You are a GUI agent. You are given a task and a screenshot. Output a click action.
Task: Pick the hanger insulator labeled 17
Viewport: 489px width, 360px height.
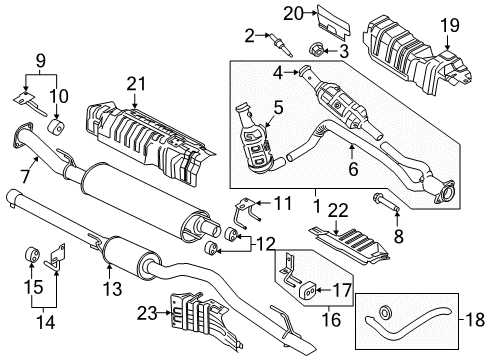point(309,291)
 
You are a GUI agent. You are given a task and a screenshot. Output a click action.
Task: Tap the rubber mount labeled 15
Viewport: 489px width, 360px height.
point(31,253)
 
